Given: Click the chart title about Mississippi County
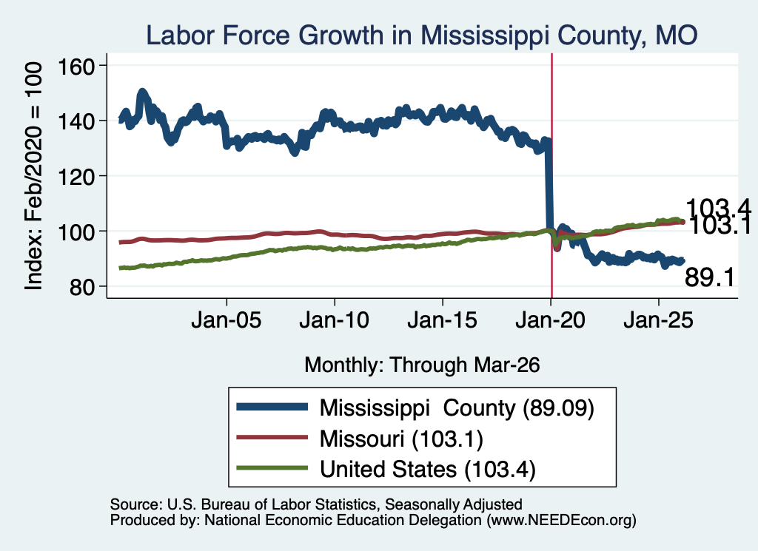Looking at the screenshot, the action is [421, 36].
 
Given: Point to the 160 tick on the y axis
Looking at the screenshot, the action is [76, 67].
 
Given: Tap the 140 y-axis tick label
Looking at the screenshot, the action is [76, 122].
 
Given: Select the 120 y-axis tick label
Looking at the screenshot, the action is [76, 177].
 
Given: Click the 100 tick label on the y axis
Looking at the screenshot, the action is [76, 231].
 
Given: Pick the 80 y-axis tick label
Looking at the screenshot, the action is [81, 287].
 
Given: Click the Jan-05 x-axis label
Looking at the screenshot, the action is [227, 320].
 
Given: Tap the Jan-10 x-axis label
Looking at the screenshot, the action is [334, 320].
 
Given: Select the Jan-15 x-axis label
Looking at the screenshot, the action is [443, 320].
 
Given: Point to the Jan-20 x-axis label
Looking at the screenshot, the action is [550, 320].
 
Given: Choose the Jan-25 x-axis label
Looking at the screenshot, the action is [658, 320].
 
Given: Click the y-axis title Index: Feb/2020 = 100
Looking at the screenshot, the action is [33, 176].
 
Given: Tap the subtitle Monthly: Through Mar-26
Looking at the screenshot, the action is [422, 365].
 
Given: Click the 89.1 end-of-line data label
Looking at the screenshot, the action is [710, 278].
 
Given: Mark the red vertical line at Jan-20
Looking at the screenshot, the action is [551, 176].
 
